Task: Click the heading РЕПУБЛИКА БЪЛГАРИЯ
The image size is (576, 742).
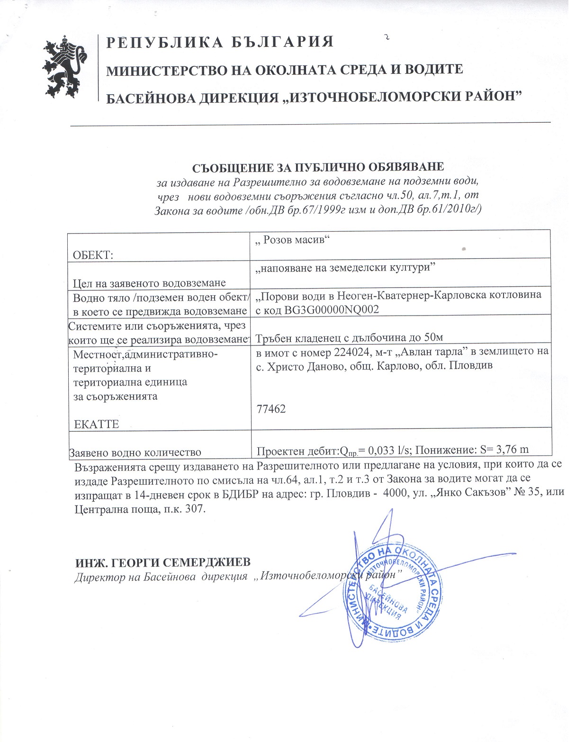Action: [220, 42]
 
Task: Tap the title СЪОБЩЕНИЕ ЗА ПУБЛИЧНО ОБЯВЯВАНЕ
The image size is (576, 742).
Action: [318, 168]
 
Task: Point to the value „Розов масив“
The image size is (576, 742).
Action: [292, 240]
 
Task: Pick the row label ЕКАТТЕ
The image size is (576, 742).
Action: [97, 424]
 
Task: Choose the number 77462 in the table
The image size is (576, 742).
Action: [271, 409]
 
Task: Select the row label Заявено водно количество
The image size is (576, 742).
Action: [135, 453]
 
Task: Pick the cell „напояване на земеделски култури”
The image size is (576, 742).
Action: [345, 268]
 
